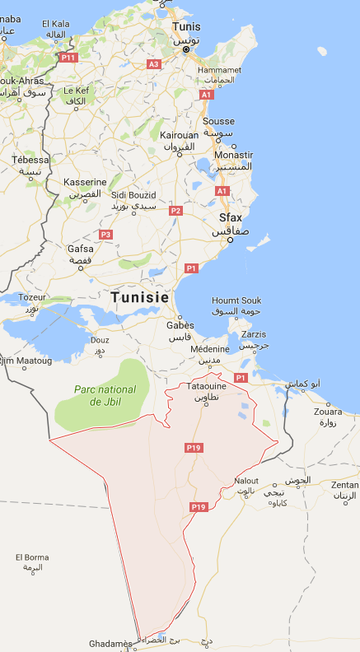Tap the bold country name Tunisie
(x=139, y=297)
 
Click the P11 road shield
(x=68, y=58)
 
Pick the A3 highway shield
(x=153, y=63)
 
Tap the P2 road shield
(x=175, y=211)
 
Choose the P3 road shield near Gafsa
(x=105, y=235)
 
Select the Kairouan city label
(x=179, y=134)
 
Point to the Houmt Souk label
(x=236, y=301)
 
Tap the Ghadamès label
(x=110, y=643)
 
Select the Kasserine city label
(x=86, y=182)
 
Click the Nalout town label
(x=246, y=481)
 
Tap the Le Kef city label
(x=76, y=90)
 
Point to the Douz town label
(x=100, y=339)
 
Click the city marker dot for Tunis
(x=185, y=49)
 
